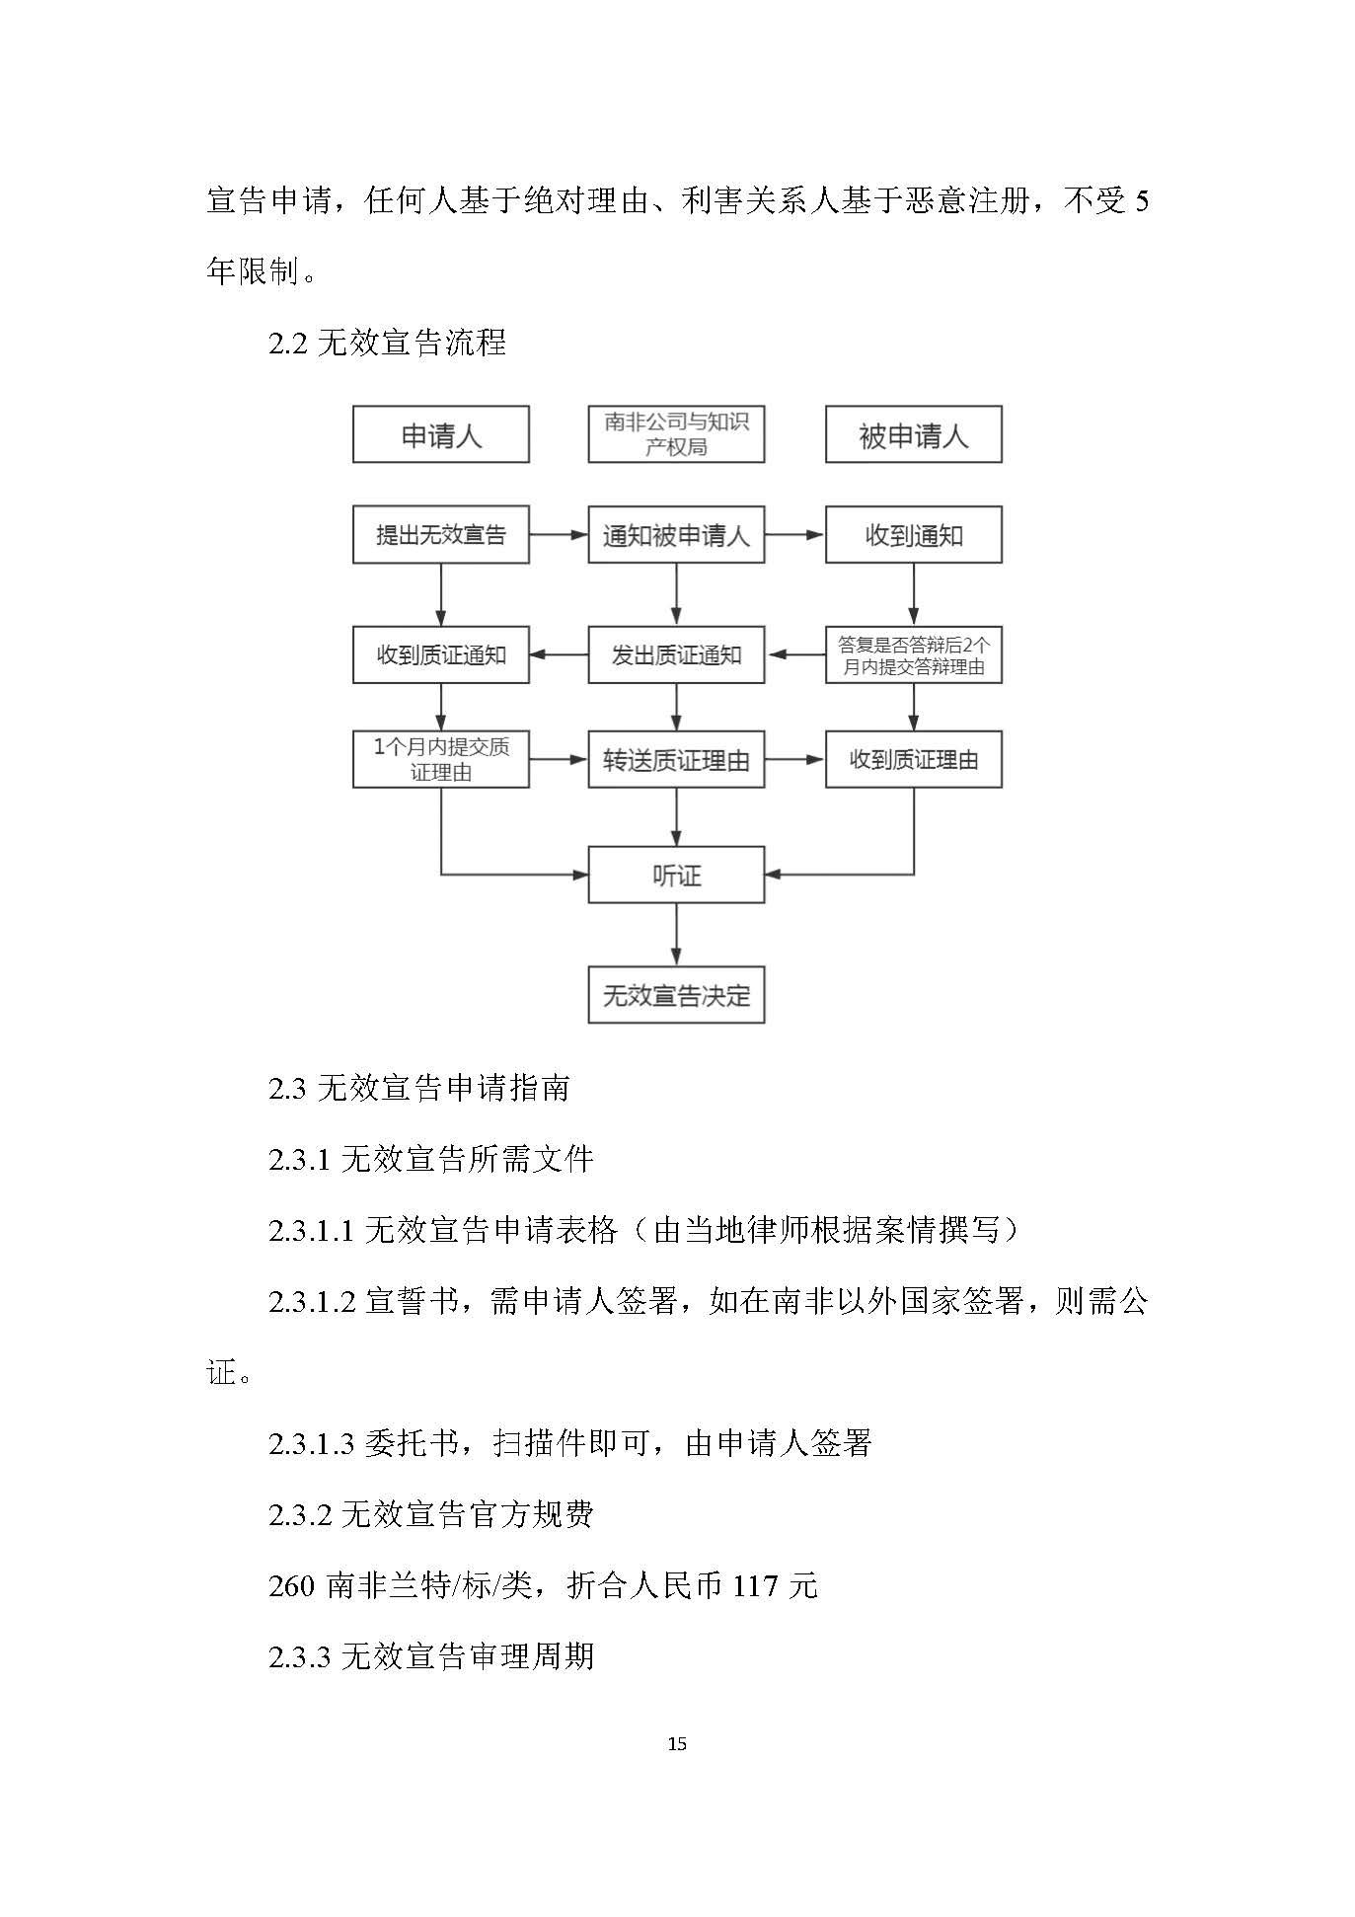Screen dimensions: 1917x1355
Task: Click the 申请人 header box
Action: (440, 434)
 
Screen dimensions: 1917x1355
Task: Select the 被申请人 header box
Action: (913, 434)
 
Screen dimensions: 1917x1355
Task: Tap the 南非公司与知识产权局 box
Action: (676, 434)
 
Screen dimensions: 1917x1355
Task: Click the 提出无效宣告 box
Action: (440, 535)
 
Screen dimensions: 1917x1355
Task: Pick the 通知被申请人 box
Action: (676, 535)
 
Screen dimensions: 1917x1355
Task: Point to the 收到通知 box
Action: (913, 535)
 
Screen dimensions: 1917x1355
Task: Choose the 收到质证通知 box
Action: (440, 654)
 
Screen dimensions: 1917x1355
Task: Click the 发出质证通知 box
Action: (676, 654)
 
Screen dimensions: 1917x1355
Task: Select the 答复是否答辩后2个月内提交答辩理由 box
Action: (913, 654)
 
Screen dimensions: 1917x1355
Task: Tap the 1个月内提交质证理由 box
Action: (440, 759)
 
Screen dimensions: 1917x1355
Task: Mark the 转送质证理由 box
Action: (676, 759)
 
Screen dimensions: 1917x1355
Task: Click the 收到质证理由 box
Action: (913, 759)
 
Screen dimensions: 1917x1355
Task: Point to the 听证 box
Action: (676, 875)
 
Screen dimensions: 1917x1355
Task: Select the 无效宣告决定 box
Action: (676, 995)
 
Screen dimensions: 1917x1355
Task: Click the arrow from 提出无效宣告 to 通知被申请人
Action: (559, 535)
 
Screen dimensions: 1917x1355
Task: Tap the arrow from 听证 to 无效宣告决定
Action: (676, 934)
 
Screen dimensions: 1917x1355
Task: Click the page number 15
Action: (677, 1743)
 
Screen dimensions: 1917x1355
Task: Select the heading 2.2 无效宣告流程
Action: (387, 343)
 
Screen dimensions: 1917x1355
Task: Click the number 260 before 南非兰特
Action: (291, 1585)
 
